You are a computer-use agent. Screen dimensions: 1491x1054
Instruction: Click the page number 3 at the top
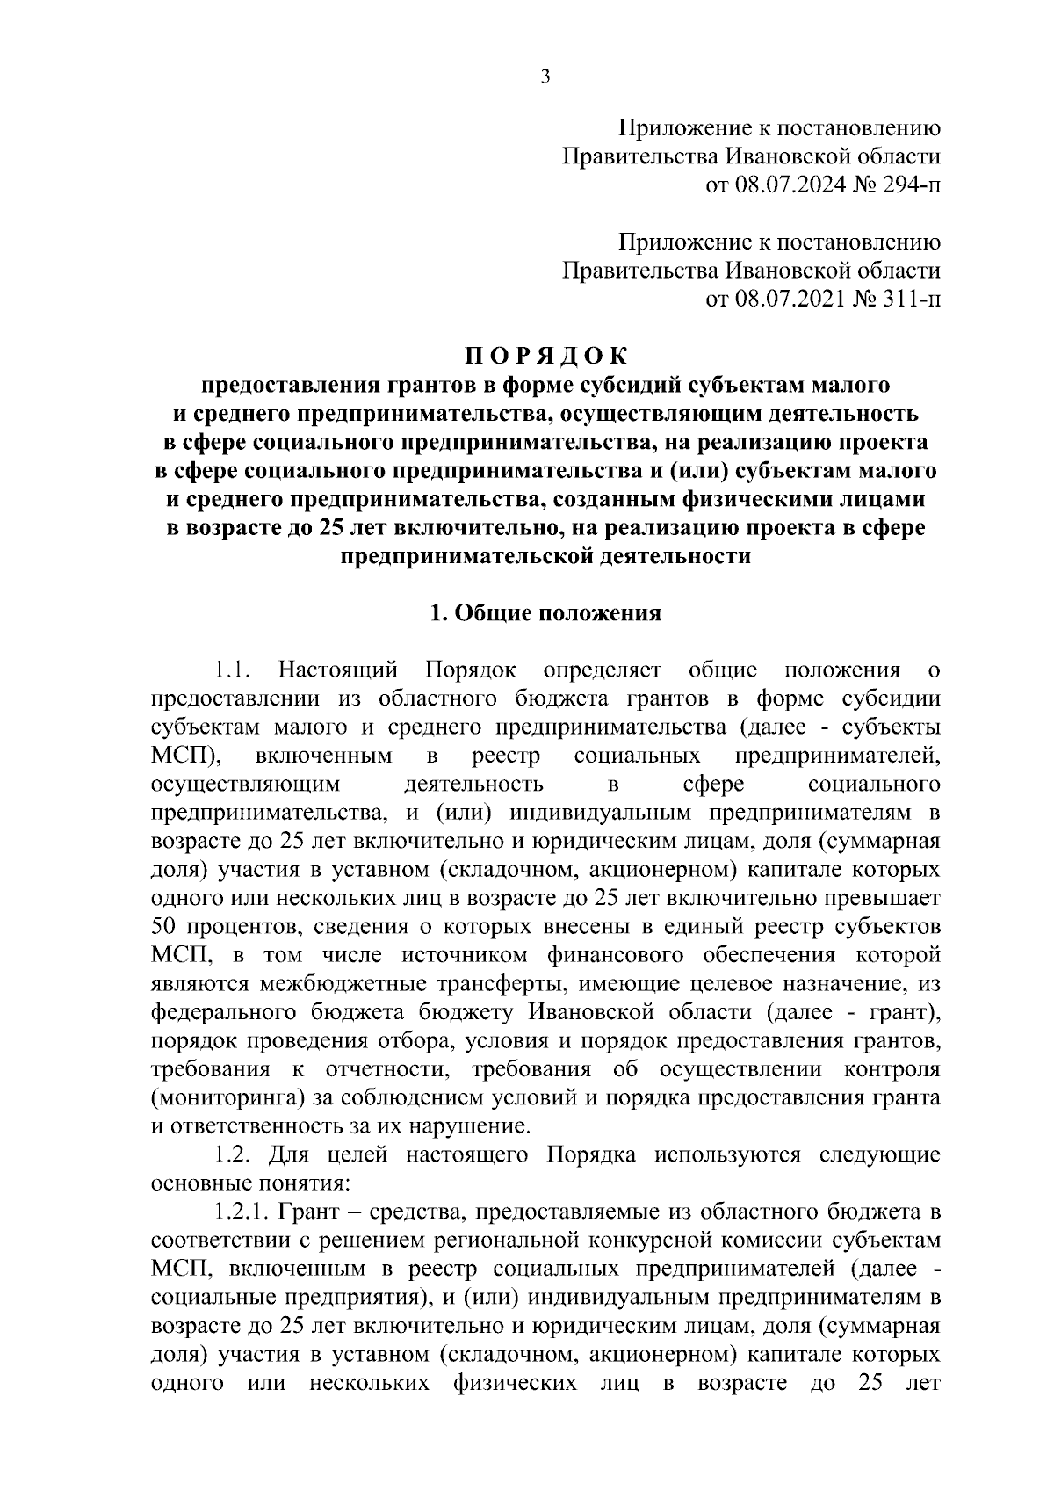pos(545,77)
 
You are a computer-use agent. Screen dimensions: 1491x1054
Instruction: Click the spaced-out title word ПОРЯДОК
pos(545,356)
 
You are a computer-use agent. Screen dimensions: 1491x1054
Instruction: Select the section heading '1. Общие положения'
pos(545,613)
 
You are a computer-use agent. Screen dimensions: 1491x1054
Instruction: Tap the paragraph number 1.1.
pos(232,670)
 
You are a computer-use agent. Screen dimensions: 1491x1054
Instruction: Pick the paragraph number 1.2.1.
pos(242,1213)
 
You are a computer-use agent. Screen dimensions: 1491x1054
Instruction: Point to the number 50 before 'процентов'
pos(164,928)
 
